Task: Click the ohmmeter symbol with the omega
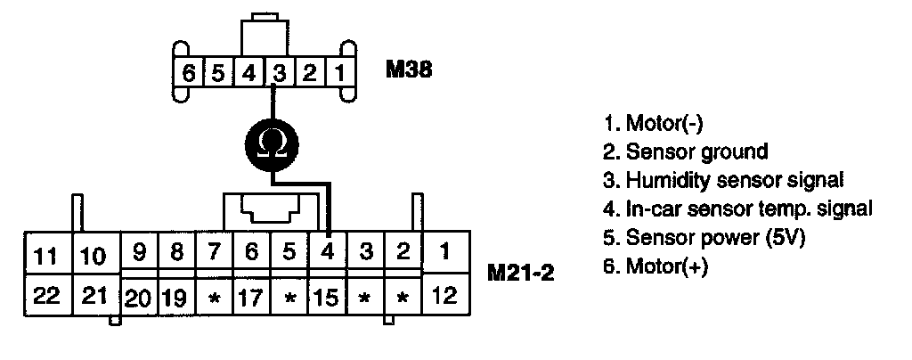point(270,142)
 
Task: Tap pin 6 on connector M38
point(188,72)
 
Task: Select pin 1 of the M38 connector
point(340,72)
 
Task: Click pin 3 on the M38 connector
point(279,72)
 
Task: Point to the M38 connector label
point(409,69)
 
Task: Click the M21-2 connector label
point(521,270)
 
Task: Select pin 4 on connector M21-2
point(328,252)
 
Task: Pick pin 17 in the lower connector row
point(250,296)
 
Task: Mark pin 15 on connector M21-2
point(327,296)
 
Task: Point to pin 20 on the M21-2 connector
point(138,297)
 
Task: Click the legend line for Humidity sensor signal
point(722,180)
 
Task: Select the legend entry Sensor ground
point(685,151)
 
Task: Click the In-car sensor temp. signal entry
point(737,209)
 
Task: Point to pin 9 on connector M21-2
point(138,252)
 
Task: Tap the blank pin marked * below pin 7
point(213,297)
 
